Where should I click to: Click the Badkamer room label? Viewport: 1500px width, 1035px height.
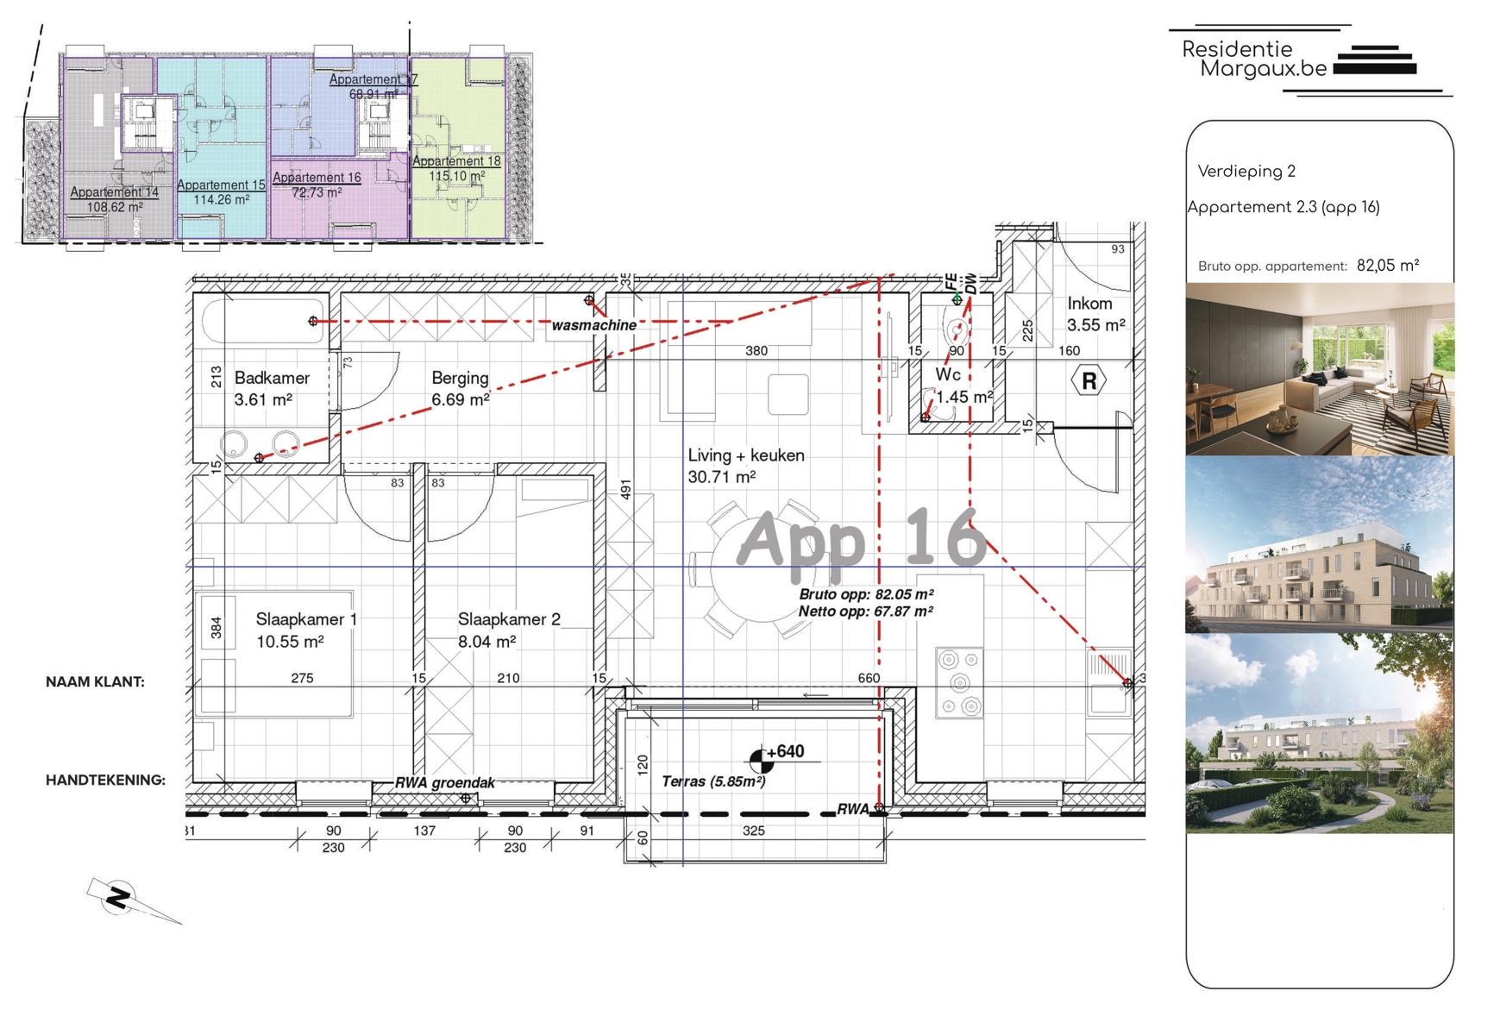(272, 378)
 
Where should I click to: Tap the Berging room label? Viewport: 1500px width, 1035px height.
(460, 378)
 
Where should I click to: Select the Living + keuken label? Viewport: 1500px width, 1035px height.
(746, 455)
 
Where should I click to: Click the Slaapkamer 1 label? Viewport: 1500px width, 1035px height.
(306, 619)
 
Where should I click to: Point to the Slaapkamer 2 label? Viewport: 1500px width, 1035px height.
(509, 619)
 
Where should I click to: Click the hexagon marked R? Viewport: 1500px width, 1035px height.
(1089, 380)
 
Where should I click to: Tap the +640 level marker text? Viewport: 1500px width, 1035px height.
(785, 751)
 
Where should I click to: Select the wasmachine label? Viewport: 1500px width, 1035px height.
(594, 325)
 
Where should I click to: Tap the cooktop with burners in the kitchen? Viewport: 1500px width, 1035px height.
(960, 682)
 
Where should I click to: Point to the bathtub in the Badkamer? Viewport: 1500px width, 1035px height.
(264, 321)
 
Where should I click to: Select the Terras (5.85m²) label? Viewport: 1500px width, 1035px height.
(713, 781)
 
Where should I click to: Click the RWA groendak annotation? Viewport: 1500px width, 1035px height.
(445, 783)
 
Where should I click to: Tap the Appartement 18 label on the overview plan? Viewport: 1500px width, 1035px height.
(456, 161)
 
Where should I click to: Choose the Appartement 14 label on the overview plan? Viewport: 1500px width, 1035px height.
(114, 192)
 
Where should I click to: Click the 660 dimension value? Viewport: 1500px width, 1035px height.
(869, 678)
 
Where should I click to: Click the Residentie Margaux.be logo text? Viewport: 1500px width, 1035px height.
(1254, 60)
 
